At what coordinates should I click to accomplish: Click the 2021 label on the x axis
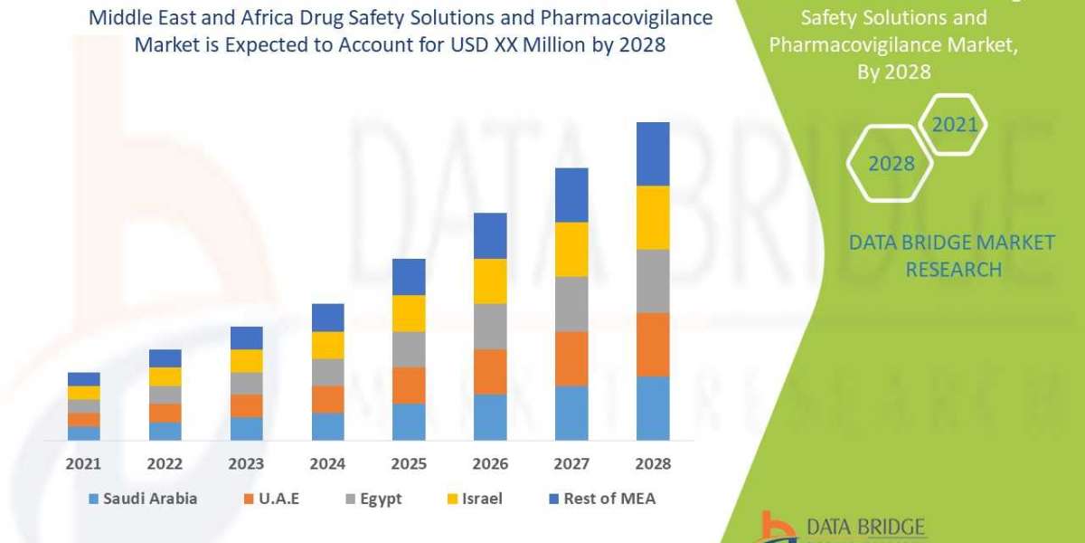click(83, 463)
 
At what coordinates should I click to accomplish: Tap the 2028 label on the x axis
click(653, 463)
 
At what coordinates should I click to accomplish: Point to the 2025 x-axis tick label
click(409, 463)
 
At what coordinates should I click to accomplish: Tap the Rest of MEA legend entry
click(601, 499)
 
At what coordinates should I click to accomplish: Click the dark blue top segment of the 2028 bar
click(653, 154)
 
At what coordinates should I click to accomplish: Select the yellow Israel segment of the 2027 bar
click(571, 249)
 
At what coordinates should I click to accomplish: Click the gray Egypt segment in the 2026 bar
click(490, 326)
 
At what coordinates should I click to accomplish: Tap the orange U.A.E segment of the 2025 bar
click(409, 385)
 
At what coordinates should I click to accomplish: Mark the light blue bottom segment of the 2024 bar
click(327, 426)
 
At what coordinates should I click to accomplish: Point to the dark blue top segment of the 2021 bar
click(83, 378)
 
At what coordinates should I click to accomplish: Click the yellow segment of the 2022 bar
click(165, 376)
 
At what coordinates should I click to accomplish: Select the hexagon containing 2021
click(955, 125)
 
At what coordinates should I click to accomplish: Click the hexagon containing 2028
click(891, 164)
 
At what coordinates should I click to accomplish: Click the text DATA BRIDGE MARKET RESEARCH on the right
click(952, 255)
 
